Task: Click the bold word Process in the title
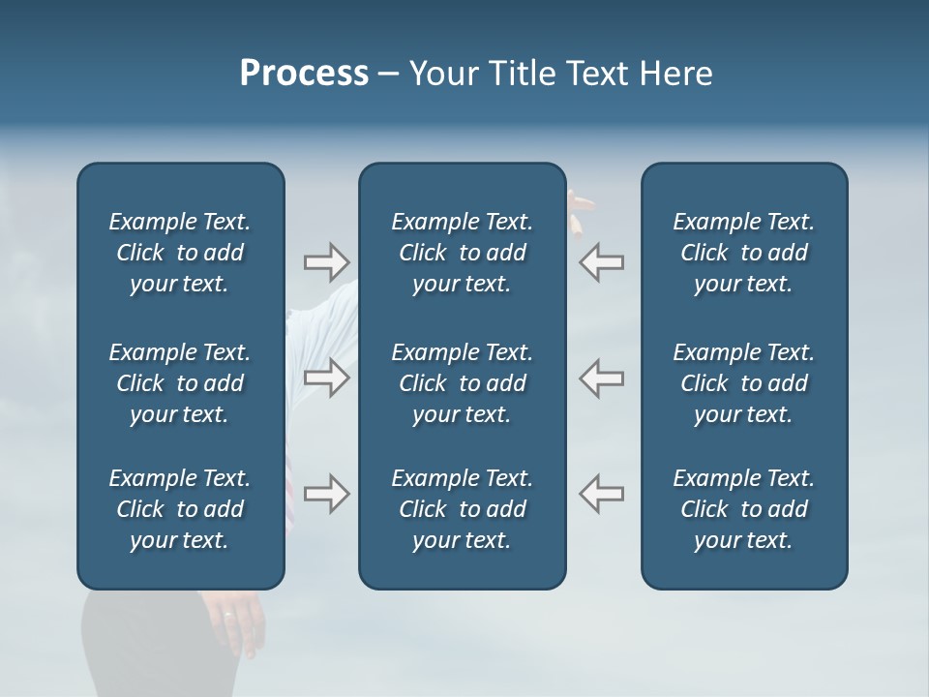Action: click(x=304, y=74)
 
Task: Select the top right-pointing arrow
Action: click(x=326, y=261)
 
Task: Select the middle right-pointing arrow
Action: click(x=326, y=378)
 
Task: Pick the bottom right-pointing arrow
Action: click(x=326, y=494)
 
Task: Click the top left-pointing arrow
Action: click(x=602, y=261)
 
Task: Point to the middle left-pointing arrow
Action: click(x=602, y=378)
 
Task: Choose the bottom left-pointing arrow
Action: click(x=602, y=494)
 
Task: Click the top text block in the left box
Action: click(x=180, y=253)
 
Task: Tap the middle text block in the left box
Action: click(x=180, y=383)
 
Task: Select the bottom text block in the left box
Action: click(x=180, y=509)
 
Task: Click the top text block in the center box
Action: click(x=463, y=253)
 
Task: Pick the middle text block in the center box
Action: click(x=463, y=383)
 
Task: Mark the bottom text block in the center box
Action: click(x=463, y=509)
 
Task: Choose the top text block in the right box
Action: click(x=744, y=253)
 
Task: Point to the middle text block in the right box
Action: click(x=744, y=383)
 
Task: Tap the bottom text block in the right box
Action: click(x=744, y=509)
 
